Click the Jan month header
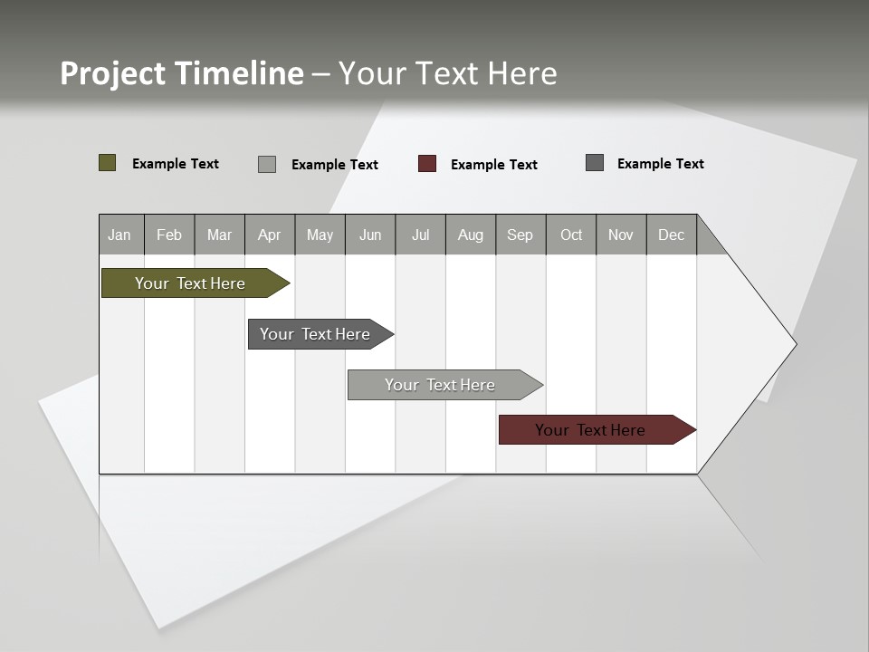[x=120, y=235]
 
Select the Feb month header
[x=169, y=235]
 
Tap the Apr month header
[x=269, y=235]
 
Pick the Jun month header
[x=370, y=235]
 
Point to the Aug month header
[x=470, y=235]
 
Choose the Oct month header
[x=571, y=235]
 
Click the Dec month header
[x=671, y=235]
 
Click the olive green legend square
[x=108, y=163]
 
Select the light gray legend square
[x=267, y=164]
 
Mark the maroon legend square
[x=427, y=164]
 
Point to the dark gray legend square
[x=595, y=163]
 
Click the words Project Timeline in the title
[x=182, y=73]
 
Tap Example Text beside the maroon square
[x=493, y=165]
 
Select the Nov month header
[x=621, y=235]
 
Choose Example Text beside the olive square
[x=176, y=164]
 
